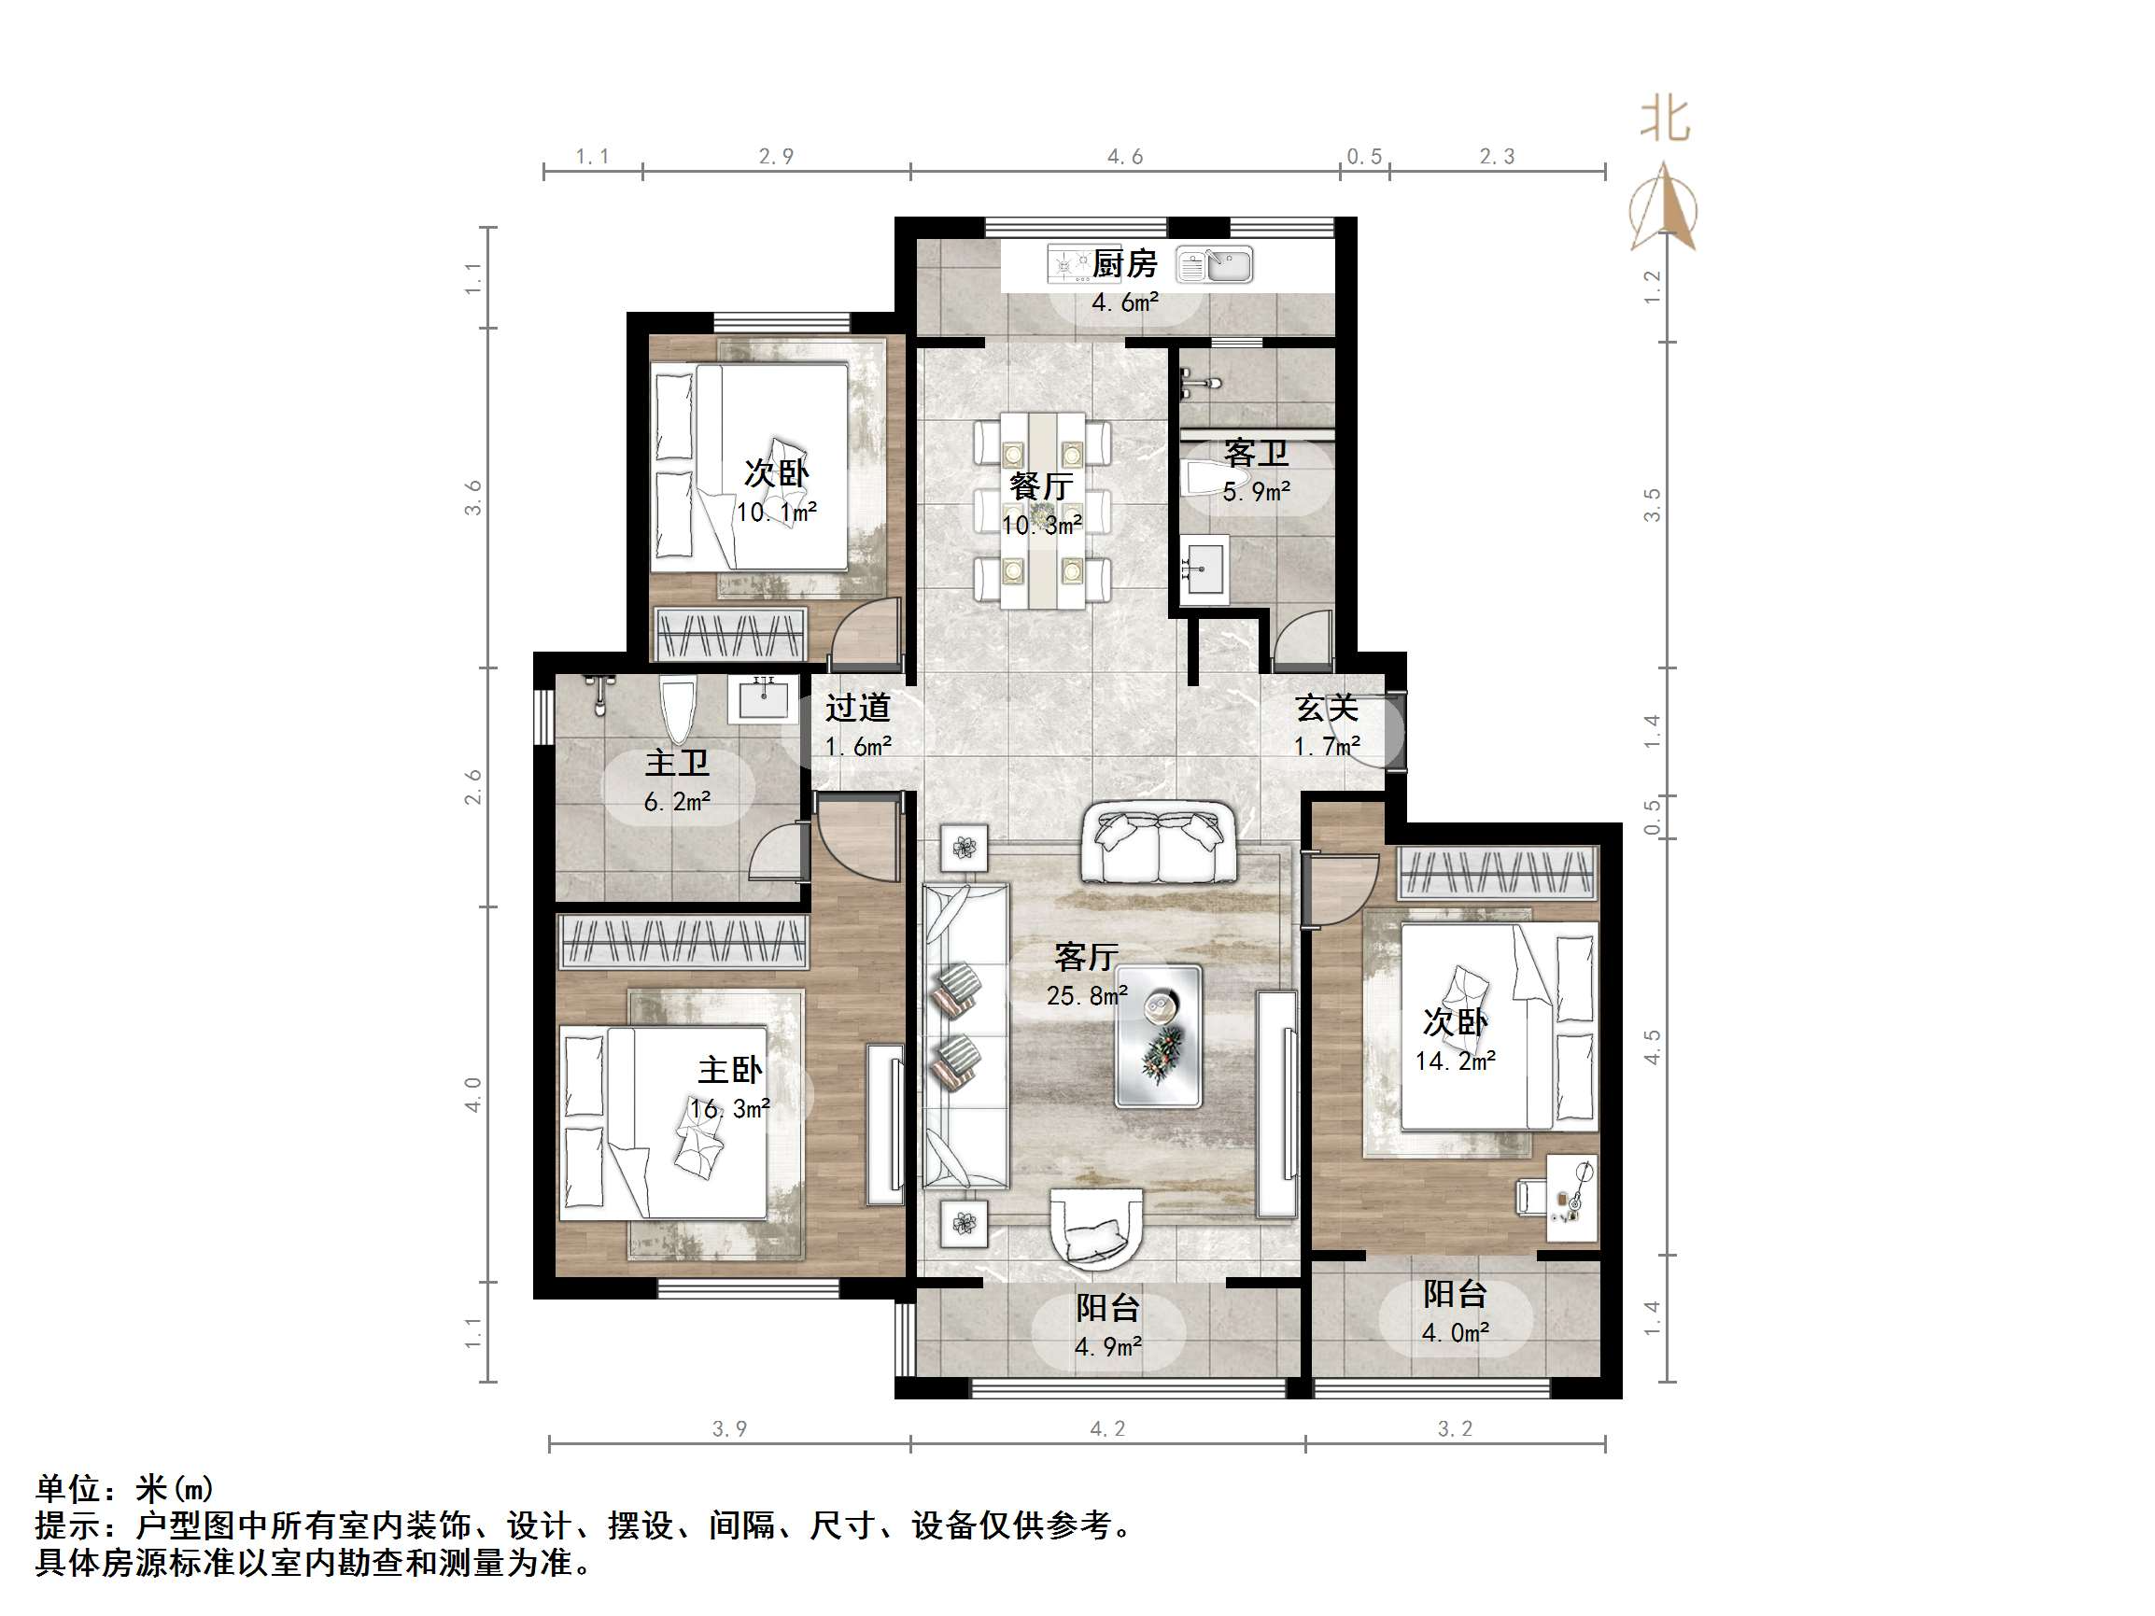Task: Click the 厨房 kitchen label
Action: [1124, 264]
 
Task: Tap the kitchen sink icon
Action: [1215, 265]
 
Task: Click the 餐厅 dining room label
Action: [1041, 485]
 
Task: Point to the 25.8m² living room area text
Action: [1087, 995]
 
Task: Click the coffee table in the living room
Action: [1159, 1035]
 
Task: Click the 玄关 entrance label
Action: [1326, 709]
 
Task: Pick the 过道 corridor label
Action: [857, 708]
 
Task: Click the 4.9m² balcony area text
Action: [1108, 1346]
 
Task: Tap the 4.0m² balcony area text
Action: [1456, 1332]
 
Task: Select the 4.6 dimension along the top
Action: [1124, 157]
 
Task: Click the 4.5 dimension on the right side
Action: [1652, 1047]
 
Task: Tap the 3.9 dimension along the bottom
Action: [730, 1429]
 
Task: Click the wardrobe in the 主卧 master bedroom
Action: [683, 942]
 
